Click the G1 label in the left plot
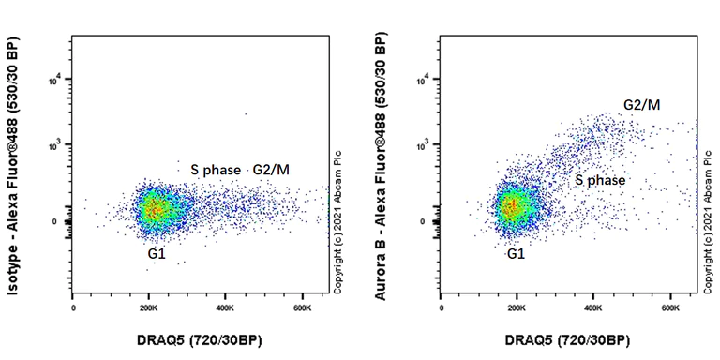coord(156,253)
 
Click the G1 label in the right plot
coord(516,254)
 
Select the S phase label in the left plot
coord(216,170)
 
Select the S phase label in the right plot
coord(600,179)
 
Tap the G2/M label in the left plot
coord(272,170)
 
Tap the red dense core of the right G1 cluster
coord(509,206)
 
